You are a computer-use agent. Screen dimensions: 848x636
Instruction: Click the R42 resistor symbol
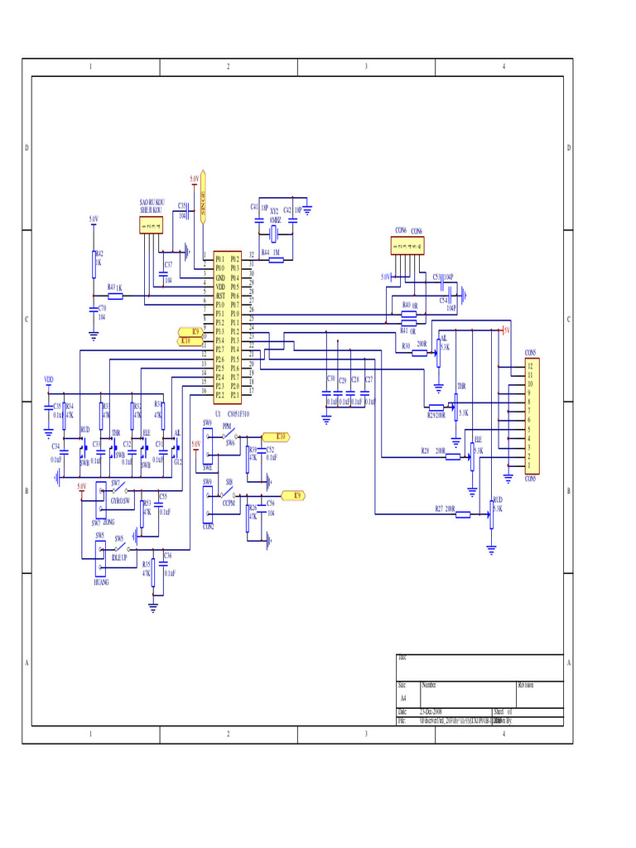tap(94, 263)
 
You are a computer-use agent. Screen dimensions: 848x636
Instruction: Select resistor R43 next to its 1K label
tap(115, 296)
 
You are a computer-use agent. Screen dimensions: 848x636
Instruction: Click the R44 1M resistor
tap(275, 259)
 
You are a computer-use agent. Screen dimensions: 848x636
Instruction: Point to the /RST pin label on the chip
tap(220, 295)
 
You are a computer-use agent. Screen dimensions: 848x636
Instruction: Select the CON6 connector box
tap(407, 246)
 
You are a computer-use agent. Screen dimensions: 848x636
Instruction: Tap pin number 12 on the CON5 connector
tap(530, 366)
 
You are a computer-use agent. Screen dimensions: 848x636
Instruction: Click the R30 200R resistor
tap(421, 353)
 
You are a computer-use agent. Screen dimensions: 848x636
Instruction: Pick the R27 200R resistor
tap(462, 515)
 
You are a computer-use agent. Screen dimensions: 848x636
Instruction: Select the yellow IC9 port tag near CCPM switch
tap(293, 495)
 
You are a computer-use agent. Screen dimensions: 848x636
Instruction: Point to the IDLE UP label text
tap(119, 558)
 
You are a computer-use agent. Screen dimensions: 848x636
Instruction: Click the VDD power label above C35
tap(48, 379)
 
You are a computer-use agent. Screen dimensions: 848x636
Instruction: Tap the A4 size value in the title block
tap(403, 698)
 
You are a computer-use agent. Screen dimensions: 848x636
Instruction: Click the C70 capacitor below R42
tap(94, 312)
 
